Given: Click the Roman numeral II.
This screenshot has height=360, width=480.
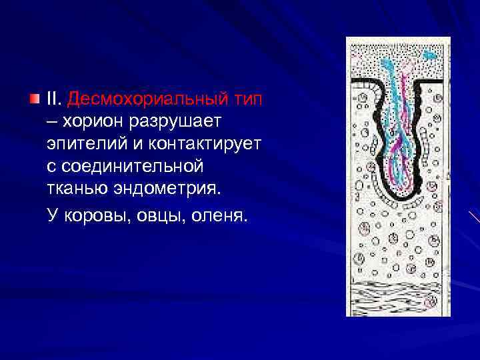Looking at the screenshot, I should click(53, 99).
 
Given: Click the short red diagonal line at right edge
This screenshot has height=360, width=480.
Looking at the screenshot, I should click(474, 217).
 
